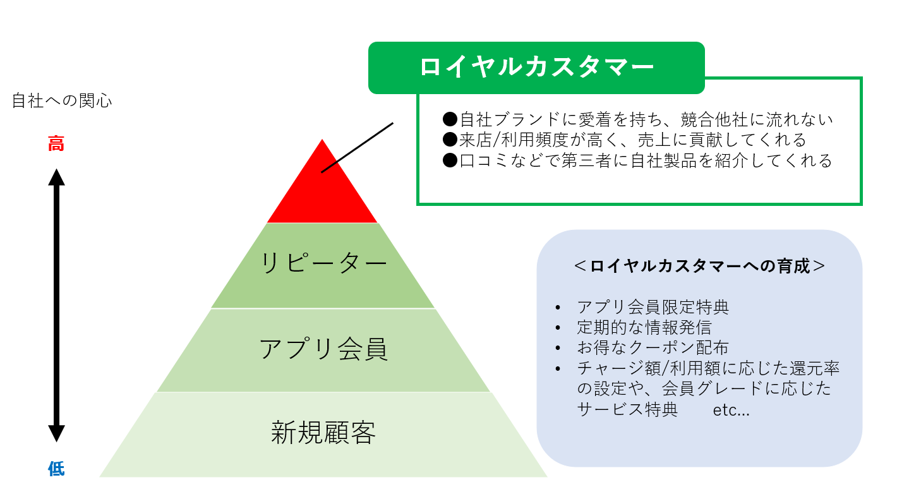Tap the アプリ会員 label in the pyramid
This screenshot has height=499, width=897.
click(323, 349)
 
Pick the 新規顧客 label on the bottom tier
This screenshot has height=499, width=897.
click(323, 433)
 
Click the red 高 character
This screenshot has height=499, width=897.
click(56, 144)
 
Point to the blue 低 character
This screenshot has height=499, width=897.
click(56, 469)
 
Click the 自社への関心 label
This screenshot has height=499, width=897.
click(62, 101)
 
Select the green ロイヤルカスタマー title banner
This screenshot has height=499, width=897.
click(536, 68)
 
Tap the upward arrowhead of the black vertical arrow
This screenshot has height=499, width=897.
click(56, 176)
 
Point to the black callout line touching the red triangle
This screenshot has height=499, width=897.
click(358, 147)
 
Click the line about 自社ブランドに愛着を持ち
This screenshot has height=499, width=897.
click(638, 119)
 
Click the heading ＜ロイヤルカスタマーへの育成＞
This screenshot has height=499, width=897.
click(699, 266)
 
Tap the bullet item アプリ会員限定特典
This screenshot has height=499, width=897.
click(653, 308)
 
